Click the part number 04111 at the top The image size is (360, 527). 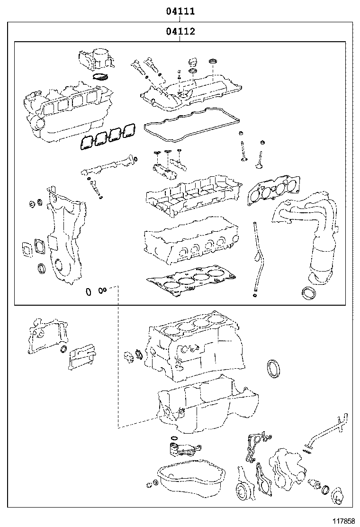pyautogui.click(x=180, y=11)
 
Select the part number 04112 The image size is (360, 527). pyautogui.click(x=180, y=31)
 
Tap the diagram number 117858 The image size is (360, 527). pyautogui.click(x=343, y=521)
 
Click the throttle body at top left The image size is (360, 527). pyautogui.click(x=95, y=59)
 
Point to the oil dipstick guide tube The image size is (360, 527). pyautogui.click(x=258, y=258)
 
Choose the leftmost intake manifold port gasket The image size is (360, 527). pyautogui.click(x=85, y=143)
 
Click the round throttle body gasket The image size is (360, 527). pyautogui.click(x=100, y=77)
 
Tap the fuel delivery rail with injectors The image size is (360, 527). pyautogui.click(x=107, y=165)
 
